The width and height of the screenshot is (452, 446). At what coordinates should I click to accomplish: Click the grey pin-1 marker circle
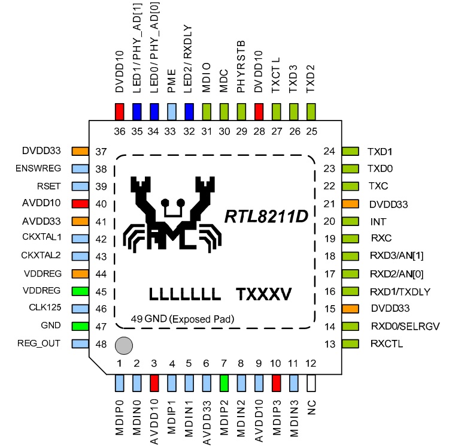[123, 346]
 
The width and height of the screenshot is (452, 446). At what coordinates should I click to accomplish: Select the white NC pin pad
[310, 383]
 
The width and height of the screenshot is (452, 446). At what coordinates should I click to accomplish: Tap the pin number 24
[329, 152]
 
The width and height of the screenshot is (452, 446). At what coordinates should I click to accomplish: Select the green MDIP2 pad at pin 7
[223, 383]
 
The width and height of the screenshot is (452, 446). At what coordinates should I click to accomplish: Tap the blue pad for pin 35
[136, 111]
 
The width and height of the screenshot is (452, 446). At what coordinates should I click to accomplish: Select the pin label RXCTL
[385, 343]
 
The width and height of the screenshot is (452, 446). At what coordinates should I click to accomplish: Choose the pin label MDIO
[206, 80]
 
